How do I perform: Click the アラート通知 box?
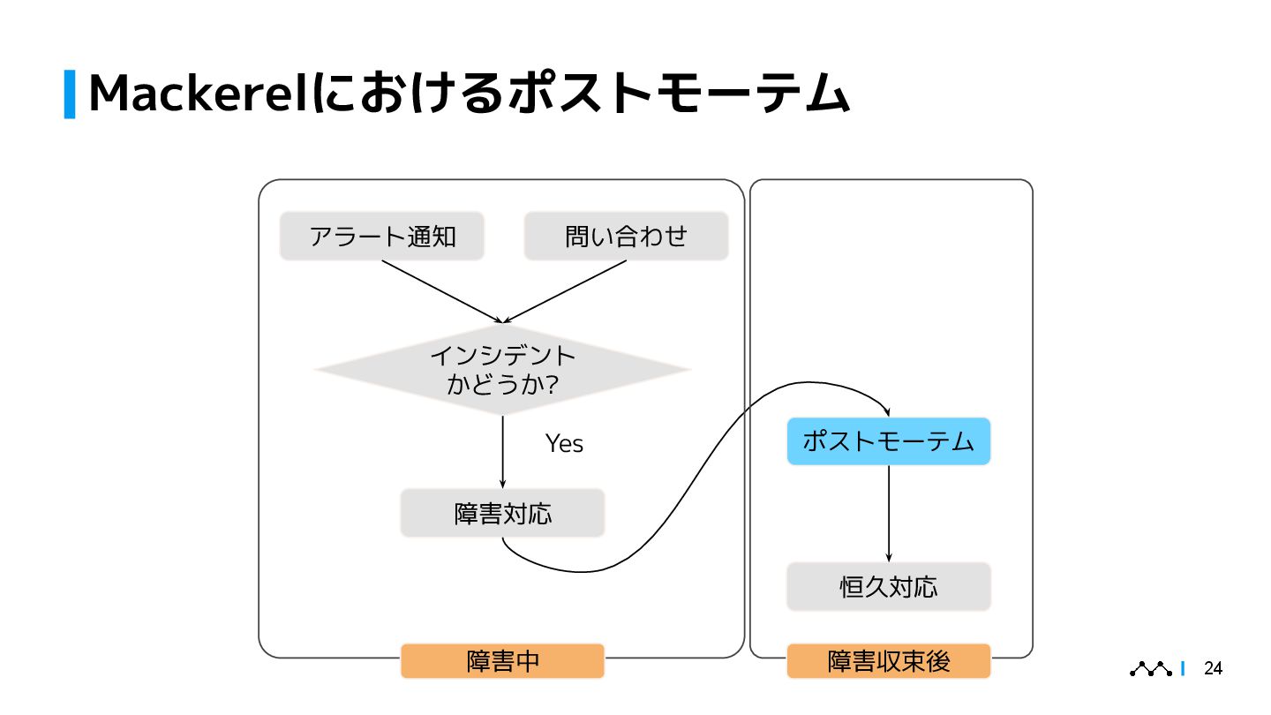point(381,237)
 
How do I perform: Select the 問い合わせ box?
point(626,237)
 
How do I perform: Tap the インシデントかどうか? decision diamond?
point(502,370)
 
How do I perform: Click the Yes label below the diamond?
point(564,443)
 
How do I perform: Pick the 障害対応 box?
point(502,513)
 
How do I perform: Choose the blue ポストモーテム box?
point(888,441)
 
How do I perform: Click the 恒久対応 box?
point(888,587)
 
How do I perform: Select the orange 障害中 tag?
point(502,661)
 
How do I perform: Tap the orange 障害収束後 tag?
point(888,661)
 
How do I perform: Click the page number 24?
point(1214,669)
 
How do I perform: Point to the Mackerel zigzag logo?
point(1151,669)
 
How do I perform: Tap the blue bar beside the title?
point(70,94)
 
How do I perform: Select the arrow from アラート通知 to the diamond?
point(441,291)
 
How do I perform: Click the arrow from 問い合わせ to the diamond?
point(565,291)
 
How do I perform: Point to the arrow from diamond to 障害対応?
point(502,450)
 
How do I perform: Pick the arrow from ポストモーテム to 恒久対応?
point(888,512)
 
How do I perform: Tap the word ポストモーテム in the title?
point(662,94)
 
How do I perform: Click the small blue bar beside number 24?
point(1183,669)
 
